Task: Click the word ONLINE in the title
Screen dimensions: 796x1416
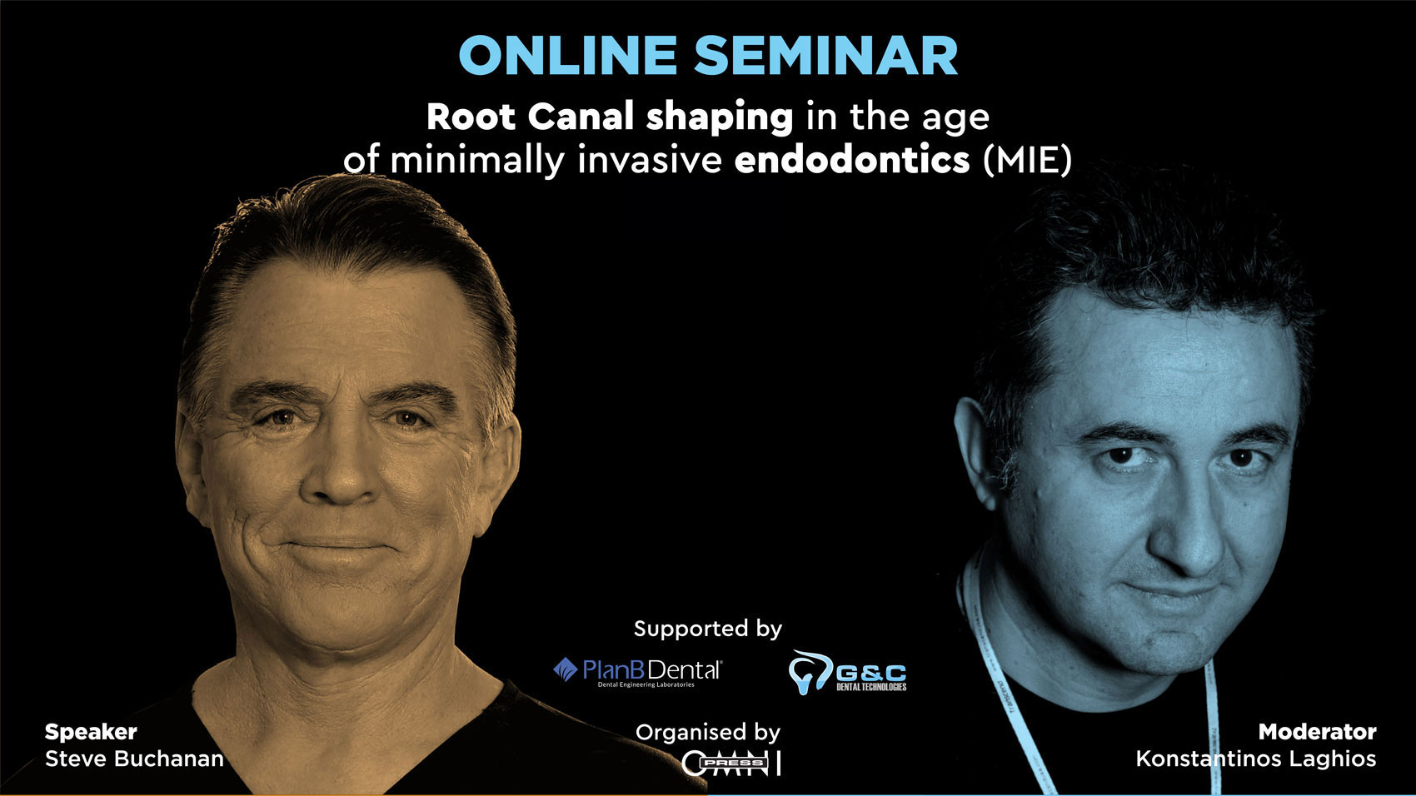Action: pyautogui.click(x=568, y=56)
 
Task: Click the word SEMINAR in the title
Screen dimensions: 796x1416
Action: pyautogui.click(x=825, y=56)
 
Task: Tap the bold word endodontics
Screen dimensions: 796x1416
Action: pyautogui.click(x=851, y=159)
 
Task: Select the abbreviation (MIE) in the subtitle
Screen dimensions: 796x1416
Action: pyautogui.click(x=1027, y=159)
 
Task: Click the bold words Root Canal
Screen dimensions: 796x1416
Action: pyautogui.click(x=531, y=117)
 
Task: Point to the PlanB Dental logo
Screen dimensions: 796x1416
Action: pyautogui.click(x=638, y=671)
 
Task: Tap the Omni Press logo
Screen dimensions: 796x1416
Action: pyautogui.click(x=730, y=763)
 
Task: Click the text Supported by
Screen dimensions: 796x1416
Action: pyautogui.click(x=708, y=629)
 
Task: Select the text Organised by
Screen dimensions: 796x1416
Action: pyautogui.click(x=708, y=733)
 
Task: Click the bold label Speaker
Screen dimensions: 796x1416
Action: pyautogui.click(x=91, y=732)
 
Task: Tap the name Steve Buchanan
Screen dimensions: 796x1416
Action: pyautogui.click(x=134, y=759)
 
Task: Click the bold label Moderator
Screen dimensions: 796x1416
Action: pyautogui.click(x=1317, y=732)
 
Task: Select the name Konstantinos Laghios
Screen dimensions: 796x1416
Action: pyautogui.click(x=1255, y=759)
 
